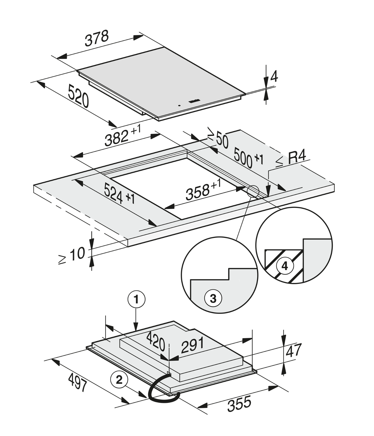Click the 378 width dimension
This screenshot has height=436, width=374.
97,39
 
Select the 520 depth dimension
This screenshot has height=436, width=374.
78,96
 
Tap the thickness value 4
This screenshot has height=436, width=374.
274,76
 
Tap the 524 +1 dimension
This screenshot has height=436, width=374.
119,194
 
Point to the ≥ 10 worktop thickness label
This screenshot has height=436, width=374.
72,256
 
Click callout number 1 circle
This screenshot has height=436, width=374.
136,300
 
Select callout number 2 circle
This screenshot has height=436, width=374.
119,380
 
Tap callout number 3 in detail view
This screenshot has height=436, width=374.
213,299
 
